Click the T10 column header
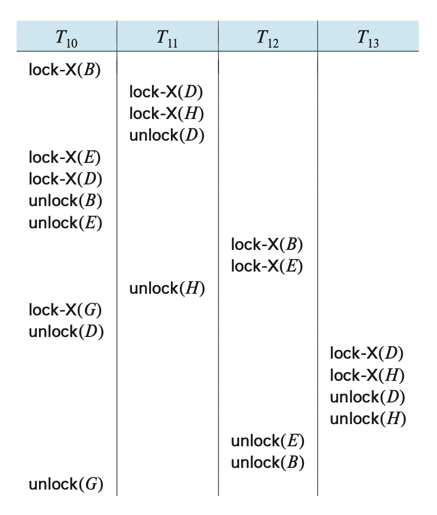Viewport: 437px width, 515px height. tap(66, 38)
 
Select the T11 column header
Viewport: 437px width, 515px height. tap(167, 38)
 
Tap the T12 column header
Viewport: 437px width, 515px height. tap(267, 38)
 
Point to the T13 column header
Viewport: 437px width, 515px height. tap(368, 38)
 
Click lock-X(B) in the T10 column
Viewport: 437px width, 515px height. tap(65, 70)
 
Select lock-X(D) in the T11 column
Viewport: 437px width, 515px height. tap(166, 92)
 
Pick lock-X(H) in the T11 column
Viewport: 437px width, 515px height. tap(166, 114)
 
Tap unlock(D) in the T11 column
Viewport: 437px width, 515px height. tap(167, 135)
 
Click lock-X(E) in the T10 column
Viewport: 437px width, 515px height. tap(65, 157)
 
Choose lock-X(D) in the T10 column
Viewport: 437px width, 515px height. tap(65, 179)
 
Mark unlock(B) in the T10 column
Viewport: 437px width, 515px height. tap(65, 201)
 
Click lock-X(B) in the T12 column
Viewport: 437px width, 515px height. tap(267, 245)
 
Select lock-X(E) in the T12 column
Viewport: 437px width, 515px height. tap(267, 266)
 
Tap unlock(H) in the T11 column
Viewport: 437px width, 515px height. tap(167, 288)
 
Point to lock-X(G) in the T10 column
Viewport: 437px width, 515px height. tap(65, 310)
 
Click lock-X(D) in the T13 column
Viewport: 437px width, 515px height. tap(367, 354)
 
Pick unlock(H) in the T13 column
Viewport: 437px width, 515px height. tap(368, 419)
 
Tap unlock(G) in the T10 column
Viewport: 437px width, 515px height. tap(65, 484)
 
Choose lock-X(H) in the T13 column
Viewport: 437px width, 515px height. tap(367, 375)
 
